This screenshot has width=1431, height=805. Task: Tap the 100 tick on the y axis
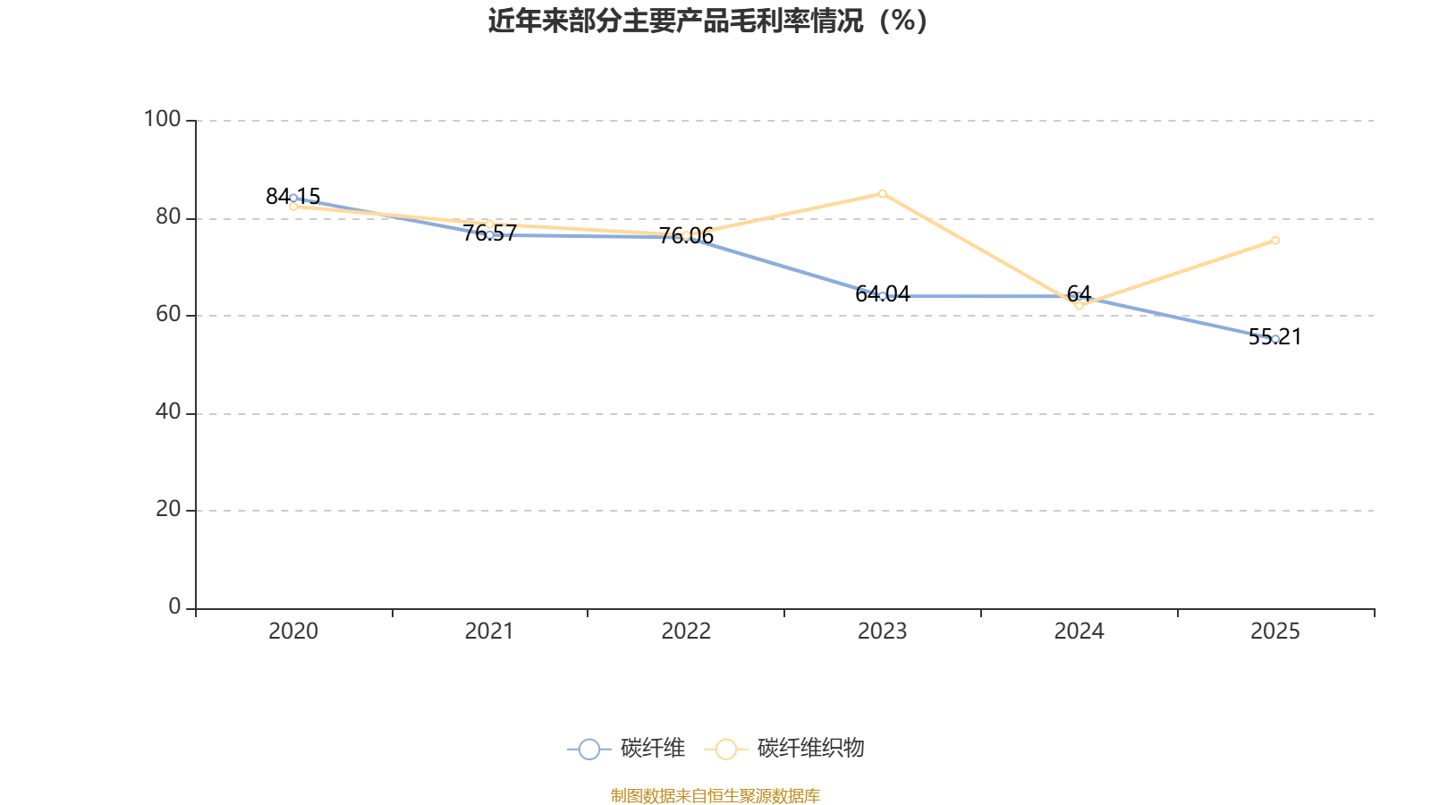(162, 119)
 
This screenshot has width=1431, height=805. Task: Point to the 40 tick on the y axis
(167, 412)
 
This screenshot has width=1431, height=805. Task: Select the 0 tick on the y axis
(174, 607)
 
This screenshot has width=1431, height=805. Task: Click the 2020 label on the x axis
(293, 631)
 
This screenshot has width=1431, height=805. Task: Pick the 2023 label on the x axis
(882, 631)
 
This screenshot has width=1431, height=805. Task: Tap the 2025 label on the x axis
(1274, 631)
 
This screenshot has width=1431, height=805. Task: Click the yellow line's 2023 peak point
(882, 193)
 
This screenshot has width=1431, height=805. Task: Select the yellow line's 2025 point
(1275, 240)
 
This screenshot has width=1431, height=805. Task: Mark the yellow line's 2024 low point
(1079, 306)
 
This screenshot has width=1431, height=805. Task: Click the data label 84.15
(292, 197)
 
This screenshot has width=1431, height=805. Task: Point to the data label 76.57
(489, 233)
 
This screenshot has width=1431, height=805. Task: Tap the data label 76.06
(686, 236)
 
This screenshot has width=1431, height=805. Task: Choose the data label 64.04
(882, 294)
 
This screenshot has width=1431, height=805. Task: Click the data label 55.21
(1274, 337)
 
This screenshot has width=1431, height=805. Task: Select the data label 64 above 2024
(1079, 293)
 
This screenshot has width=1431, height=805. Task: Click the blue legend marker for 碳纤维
(588, 749)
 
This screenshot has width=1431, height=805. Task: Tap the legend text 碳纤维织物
(810, 749)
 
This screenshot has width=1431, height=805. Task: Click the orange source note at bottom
(715, 795)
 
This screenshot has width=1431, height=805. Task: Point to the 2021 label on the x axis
(489, 631)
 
